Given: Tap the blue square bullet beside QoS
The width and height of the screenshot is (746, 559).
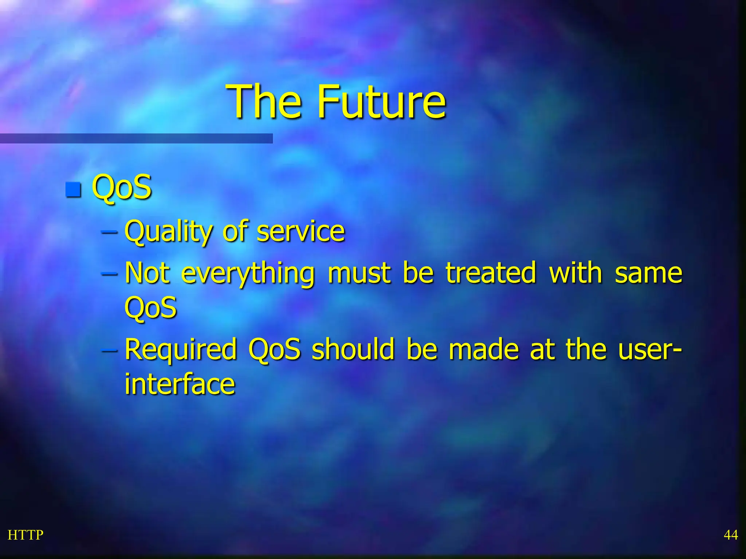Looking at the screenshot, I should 73,190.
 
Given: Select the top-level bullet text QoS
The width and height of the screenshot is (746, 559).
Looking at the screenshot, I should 122,187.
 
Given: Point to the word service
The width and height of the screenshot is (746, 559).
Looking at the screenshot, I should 301,231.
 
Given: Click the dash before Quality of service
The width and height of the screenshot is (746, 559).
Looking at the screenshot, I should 109,231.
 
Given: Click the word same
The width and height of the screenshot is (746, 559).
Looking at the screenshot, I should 648,273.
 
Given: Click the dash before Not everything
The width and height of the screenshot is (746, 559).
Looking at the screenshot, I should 109,273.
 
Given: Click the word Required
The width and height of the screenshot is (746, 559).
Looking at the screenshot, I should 181,350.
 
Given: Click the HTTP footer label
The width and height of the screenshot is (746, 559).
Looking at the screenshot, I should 25,535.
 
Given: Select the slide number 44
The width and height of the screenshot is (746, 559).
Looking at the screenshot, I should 730,535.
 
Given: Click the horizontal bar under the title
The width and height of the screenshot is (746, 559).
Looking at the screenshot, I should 136,138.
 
